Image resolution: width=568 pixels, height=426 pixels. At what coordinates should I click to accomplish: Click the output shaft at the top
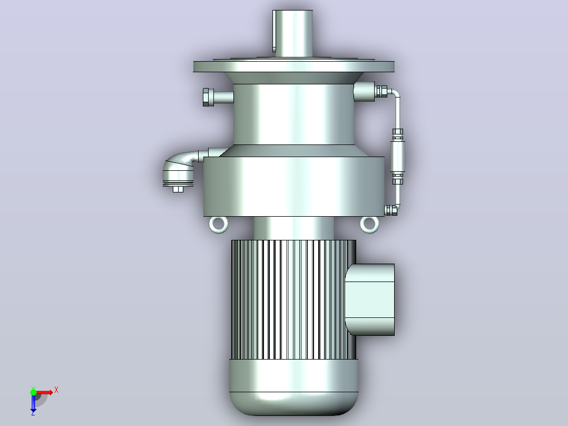point(293,33)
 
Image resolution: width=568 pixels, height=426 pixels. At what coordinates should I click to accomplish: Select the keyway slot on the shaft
point(274,31)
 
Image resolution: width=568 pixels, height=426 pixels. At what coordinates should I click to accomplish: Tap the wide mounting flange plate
point(294,66)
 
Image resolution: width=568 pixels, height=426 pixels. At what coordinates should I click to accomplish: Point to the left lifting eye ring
point(219,225)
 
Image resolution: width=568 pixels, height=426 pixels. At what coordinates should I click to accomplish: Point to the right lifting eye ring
point(369,225)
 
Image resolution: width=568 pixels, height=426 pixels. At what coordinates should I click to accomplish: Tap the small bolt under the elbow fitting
point(178,189)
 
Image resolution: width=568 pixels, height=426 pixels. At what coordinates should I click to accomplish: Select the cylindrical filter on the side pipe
point(398,157)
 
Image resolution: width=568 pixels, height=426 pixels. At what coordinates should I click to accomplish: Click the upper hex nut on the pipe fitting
point(398,134)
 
